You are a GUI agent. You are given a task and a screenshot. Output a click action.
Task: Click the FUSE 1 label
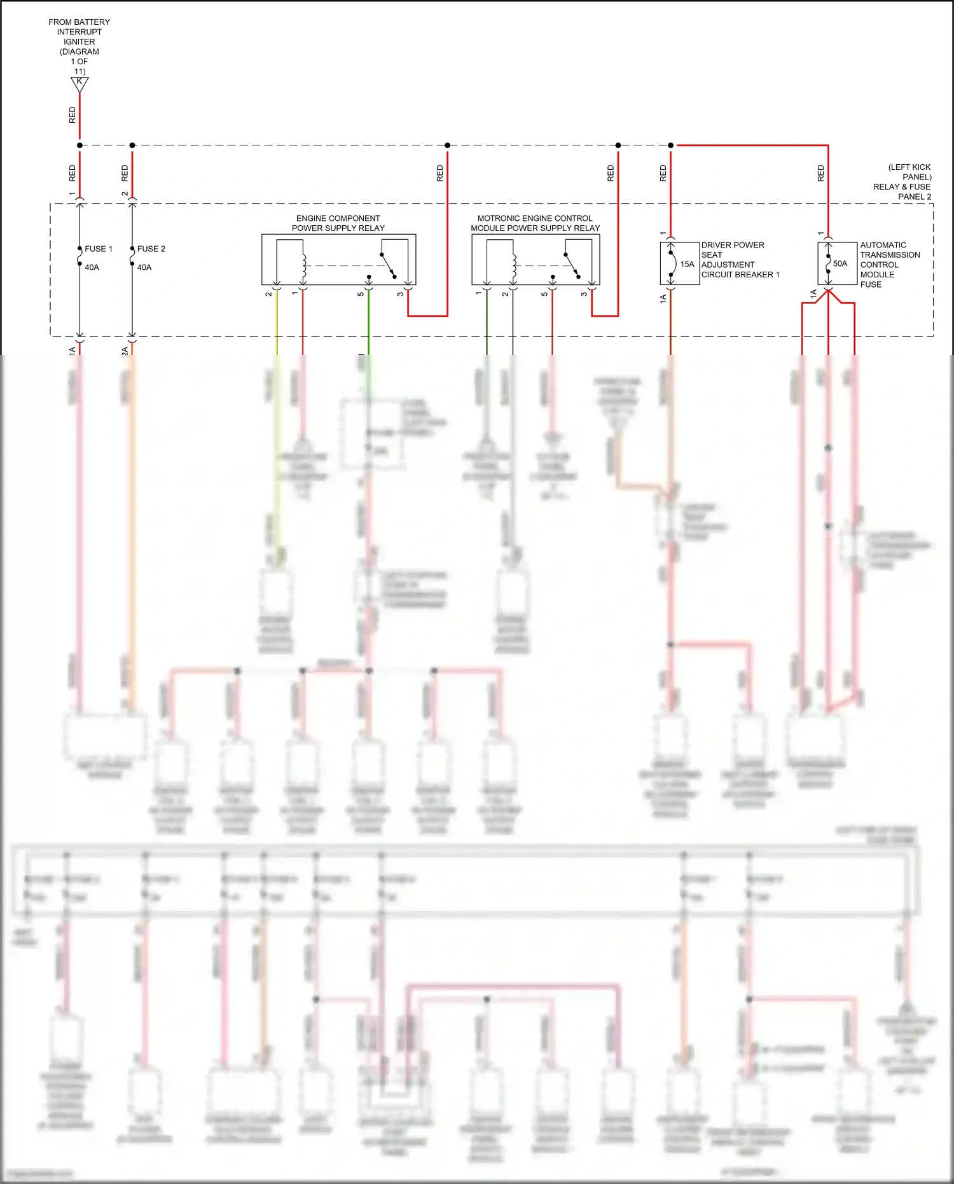click(98, 249)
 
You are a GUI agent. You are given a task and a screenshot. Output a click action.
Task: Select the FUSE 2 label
click(151, 249)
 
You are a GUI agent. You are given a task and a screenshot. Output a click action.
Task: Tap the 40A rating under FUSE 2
click(144, 267)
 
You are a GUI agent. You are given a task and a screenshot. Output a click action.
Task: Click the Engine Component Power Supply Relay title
click(338, 223)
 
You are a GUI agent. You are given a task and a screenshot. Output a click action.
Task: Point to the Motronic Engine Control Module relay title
click(535, 223)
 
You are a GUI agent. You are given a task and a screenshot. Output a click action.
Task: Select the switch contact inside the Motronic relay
click(571, 265)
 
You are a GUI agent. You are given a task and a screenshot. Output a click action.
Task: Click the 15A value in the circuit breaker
click(687, 264)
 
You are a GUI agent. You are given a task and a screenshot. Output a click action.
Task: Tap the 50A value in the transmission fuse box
click(840, 263)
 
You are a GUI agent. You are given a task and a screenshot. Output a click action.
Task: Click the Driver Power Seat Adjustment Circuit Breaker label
click(740, 260)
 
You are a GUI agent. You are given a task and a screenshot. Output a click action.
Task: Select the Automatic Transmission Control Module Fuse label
click(889, 264)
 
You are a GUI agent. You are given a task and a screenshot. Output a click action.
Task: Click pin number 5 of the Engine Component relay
click(361, 294)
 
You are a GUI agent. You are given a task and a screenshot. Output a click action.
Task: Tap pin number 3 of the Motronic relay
click(583, 294)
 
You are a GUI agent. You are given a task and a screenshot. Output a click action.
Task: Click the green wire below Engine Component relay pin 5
click(368, 324)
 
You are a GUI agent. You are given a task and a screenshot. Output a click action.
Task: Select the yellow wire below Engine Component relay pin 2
click(276, 324)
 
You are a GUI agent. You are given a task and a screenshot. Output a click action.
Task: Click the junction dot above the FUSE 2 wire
click(132, 145)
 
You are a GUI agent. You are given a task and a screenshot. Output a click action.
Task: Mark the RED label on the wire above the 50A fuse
click(820, 173)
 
